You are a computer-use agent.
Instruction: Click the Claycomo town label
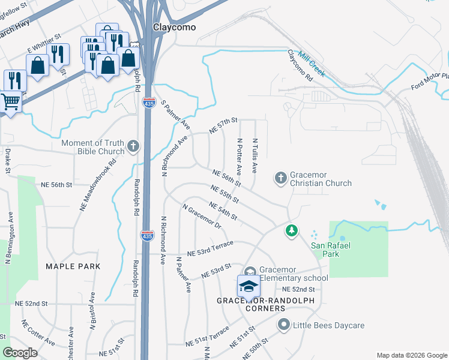[175, 28]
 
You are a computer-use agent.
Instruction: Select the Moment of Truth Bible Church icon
[133, 145]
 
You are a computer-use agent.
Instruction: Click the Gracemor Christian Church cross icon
[280, 178]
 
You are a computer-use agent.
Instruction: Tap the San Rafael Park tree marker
[292, 231]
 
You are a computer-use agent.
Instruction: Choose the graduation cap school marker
[249, 285]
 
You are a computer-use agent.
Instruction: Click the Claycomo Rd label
[301, 65]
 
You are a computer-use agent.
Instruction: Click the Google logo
[20, 353]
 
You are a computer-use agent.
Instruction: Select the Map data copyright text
[411, 355]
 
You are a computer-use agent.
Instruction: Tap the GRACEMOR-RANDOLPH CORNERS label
[250, 304]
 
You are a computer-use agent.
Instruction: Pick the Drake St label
[8, 161]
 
